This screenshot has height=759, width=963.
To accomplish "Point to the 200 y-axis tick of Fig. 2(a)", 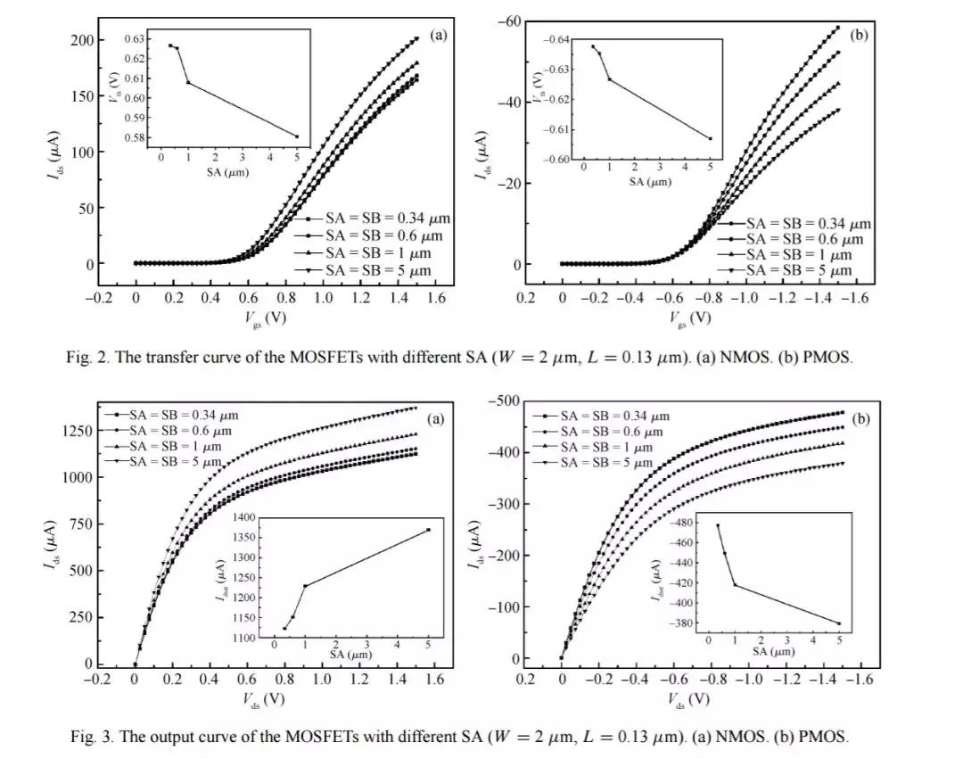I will [82, 40].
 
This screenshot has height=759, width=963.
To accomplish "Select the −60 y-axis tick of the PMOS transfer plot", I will [508, 21].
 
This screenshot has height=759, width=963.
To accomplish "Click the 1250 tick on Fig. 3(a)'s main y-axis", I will [78, 431].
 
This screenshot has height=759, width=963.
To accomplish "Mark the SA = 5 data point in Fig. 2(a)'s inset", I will [297, 136].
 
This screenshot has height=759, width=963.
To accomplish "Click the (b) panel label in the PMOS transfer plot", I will [859, 36].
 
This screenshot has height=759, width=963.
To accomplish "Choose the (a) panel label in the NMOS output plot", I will [436, 419].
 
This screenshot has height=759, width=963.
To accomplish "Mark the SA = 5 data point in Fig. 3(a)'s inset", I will [428, 530].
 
